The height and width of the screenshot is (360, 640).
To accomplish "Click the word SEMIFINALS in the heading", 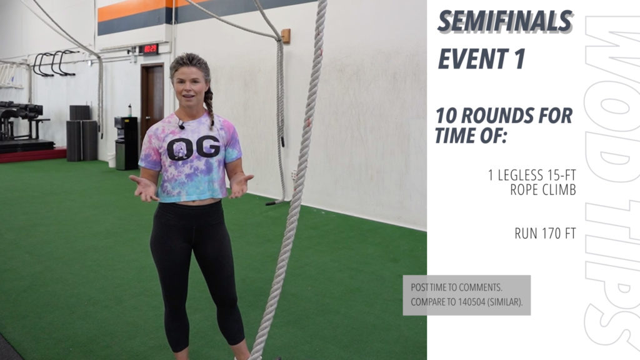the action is coord(505,22).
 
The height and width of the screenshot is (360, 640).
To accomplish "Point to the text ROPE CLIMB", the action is coord(543,190).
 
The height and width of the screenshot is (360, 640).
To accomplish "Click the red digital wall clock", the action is coord(150,49).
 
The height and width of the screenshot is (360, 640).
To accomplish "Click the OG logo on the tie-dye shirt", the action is coord(193,147).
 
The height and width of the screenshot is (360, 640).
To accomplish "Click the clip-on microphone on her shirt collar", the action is coord(181,125).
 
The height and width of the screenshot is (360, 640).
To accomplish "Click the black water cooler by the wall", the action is coord(126,143).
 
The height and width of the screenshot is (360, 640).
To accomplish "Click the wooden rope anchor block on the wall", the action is coord(285,36).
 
